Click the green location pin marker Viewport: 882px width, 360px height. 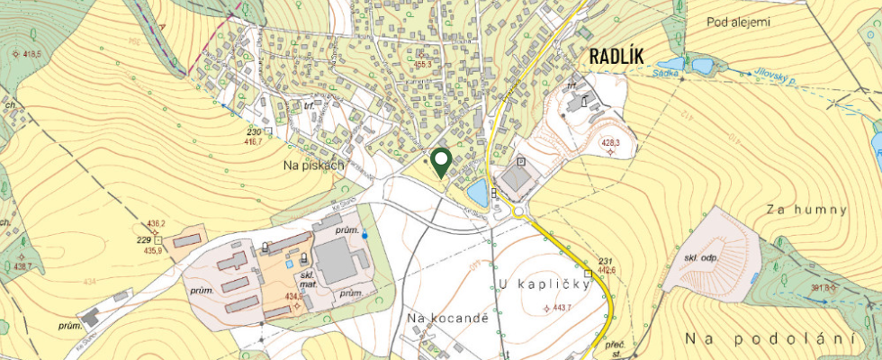pos(441,162)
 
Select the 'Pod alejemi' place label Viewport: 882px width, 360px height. pos(739,22)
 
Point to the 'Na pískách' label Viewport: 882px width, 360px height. pos(315,166)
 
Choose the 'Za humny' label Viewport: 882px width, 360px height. pos(807,210)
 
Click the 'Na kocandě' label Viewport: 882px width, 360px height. pos(446,318)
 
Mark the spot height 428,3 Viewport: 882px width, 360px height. pos(611,142)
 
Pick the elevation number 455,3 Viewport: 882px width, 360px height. pos(423,65)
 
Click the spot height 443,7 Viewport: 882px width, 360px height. pos(562,309)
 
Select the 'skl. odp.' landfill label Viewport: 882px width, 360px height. pos(705,258)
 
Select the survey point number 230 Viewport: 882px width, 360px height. pos(254,131)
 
